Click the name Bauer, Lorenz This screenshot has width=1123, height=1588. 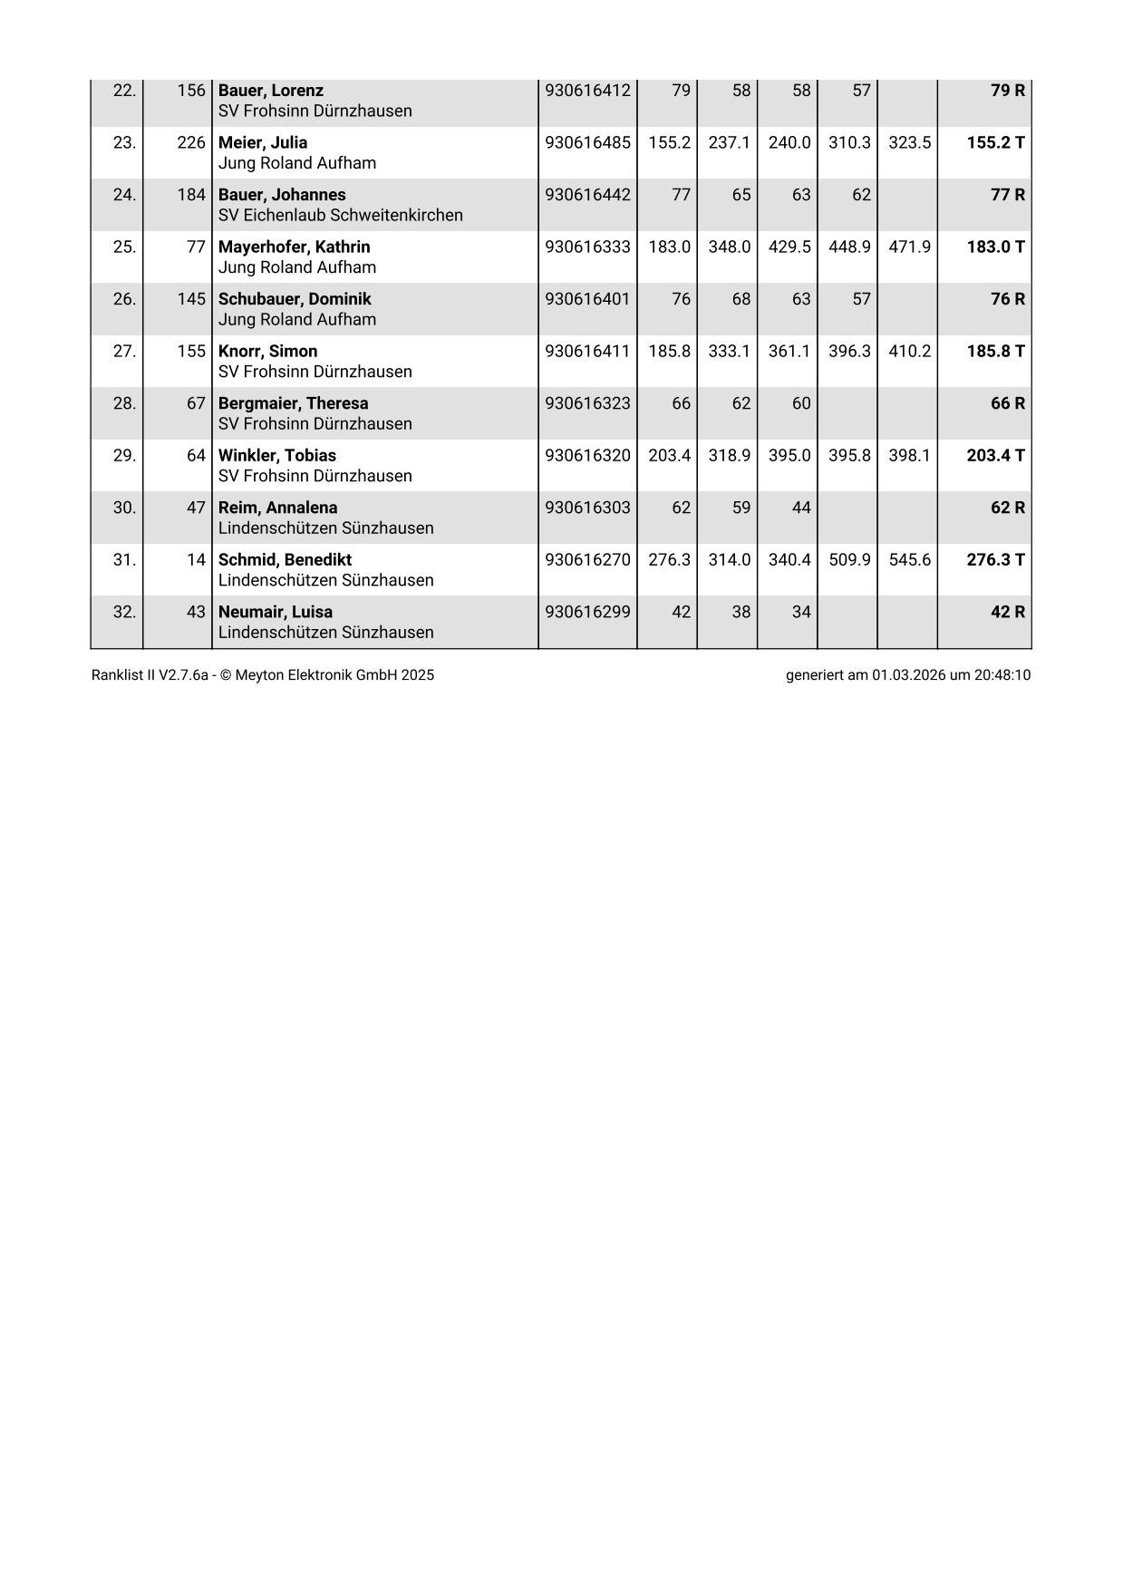[270, 91]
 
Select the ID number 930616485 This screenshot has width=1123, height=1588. [587, 142]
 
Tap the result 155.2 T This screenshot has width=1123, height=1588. [995, 142]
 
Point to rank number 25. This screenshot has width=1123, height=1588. [124, 247]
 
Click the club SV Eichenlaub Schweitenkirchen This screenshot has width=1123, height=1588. [340, 215]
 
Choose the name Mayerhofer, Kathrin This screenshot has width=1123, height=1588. [294, 247]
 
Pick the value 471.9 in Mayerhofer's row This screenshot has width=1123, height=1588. [909, 247]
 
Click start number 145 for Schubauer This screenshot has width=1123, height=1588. [191, 299]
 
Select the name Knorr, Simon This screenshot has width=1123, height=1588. [267, 351]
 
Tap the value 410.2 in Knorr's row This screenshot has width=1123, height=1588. [909, 351]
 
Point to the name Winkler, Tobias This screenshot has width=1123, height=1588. [276, 455]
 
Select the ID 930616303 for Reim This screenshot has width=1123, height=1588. [587, 508]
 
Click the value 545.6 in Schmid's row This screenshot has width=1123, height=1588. [909, 559]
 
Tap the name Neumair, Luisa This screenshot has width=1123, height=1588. [275, 612]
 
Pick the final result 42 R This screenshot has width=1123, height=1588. [1007, 612]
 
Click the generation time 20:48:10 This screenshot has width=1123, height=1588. [1002, 675]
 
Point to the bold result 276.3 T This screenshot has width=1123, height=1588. [995, 559]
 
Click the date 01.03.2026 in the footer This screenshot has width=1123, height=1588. [909, 675]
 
